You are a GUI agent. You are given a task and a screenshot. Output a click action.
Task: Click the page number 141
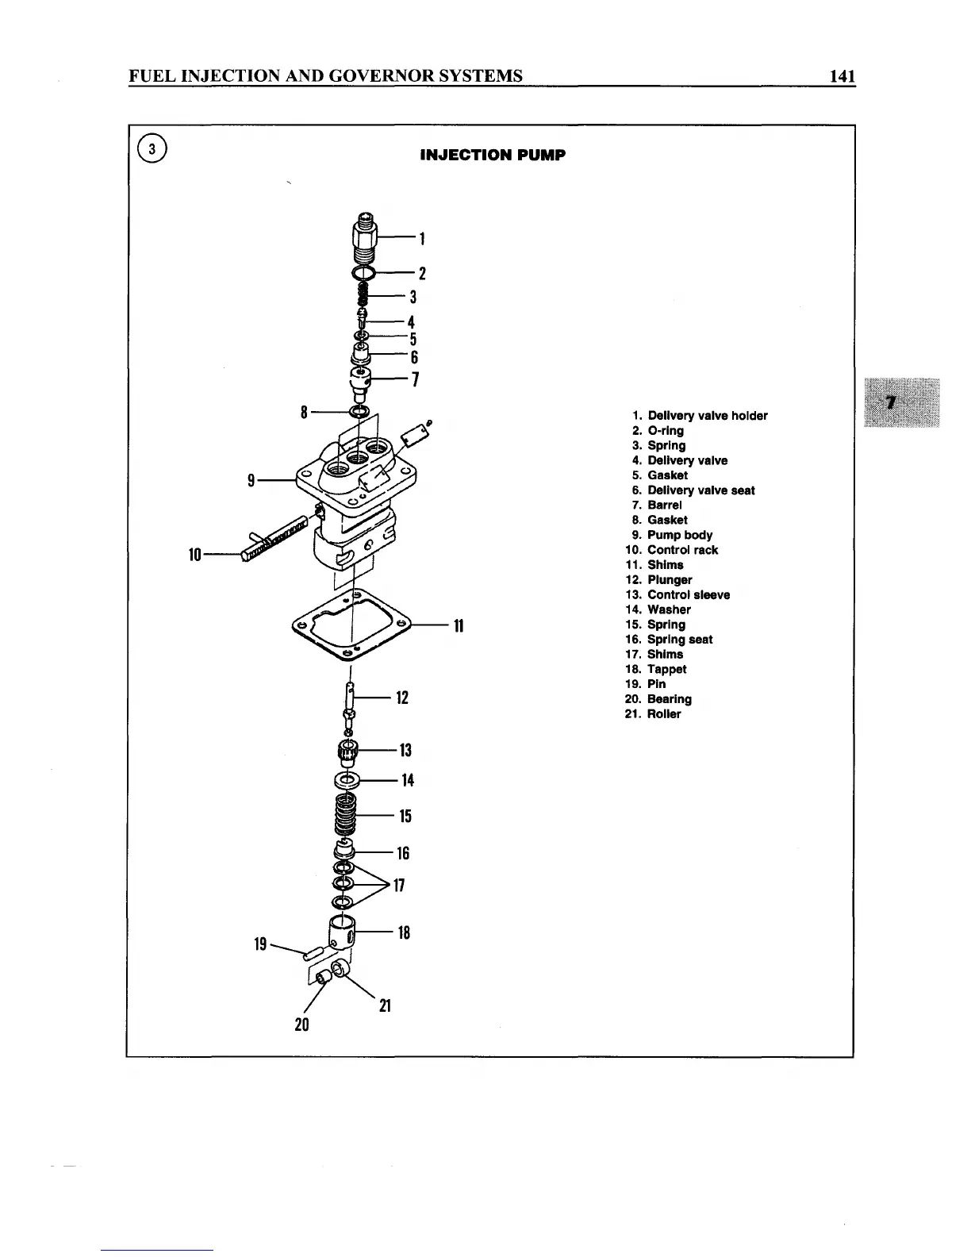(842, 76)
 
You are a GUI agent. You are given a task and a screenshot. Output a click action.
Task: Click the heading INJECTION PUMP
(492, 155)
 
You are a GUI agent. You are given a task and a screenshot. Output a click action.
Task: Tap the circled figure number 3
(152, 149)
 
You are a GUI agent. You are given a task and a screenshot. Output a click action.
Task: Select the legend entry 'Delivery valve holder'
(707, 416)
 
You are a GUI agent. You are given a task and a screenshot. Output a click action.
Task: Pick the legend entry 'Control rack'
(682, 550)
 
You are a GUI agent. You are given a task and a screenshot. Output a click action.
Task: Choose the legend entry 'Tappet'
(666, 669)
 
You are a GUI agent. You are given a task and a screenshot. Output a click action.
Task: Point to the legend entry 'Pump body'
(679, 535)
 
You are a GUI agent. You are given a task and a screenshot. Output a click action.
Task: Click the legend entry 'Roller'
(663, 714)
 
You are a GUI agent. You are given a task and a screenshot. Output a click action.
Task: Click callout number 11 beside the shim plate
(458, 626)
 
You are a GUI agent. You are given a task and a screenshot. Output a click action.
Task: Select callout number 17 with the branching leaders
(399, 885)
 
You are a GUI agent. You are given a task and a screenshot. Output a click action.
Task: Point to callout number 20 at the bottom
(301, 1024)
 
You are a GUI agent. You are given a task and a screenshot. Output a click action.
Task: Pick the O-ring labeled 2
(363, 274)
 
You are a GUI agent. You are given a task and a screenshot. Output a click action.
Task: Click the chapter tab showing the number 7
(900, 402)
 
